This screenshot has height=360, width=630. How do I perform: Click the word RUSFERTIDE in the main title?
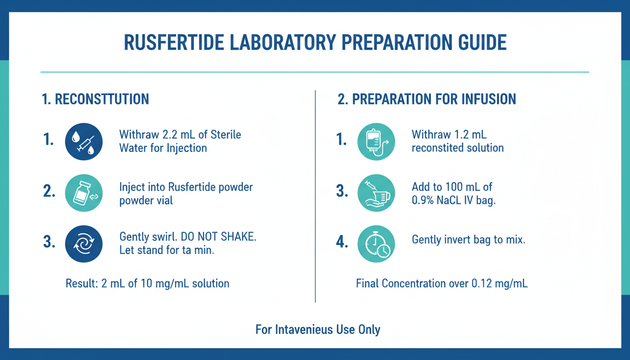tap(174, 43)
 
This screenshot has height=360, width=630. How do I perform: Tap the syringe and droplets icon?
tap(84, 142)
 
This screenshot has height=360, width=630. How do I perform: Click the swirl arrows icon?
tap(84, 244)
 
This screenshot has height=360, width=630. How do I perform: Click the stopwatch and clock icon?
tap(376, 244)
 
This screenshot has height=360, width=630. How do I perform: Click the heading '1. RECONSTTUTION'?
tap(95, 99)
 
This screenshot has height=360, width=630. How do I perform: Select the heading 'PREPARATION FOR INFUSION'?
tap(434, 99)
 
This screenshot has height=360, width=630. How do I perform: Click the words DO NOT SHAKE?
tap(218, 237)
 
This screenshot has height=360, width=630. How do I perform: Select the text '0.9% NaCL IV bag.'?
tap(454, 200)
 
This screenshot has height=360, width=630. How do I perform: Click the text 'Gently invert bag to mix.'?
tap(469, 240)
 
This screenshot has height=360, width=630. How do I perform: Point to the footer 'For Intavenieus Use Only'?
tap(318, 330)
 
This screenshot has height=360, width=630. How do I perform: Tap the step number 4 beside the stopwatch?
tap(342, 242)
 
